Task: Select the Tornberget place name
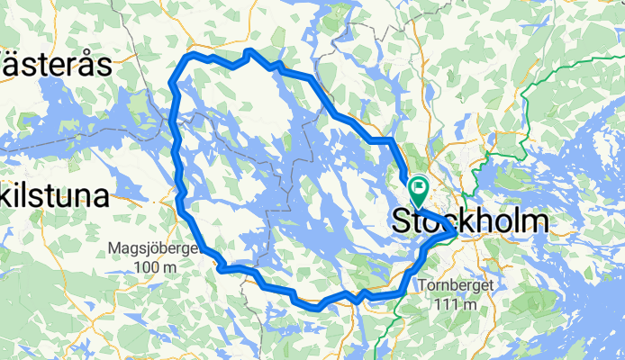[455, 286]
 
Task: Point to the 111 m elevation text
[455, 305]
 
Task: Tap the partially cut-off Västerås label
[54, 65]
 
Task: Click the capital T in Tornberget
[422, 286]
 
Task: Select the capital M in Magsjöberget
[113, 249]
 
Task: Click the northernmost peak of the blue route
[251, 51]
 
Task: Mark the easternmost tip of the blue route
[453, 233]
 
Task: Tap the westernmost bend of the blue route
[171, 84]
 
